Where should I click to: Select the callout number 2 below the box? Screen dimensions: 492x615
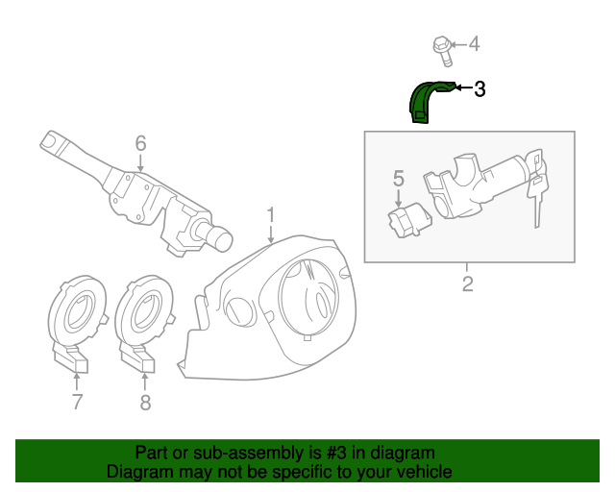(x=468, y=283)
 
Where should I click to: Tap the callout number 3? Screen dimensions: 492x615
(x=480, y=89)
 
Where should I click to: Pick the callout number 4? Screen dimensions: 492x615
(x=473, y=44)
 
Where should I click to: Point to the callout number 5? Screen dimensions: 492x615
(x=399, y=178)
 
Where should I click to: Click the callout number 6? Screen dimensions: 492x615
(x=140, y=144)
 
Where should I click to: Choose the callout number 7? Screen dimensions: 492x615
(x=77, y=402)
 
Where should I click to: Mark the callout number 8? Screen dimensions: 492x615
(x=145, y=403)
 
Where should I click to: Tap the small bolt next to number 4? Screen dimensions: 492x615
(x=441, y=44)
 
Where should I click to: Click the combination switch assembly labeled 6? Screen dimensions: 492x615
(x=144, y=197)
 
